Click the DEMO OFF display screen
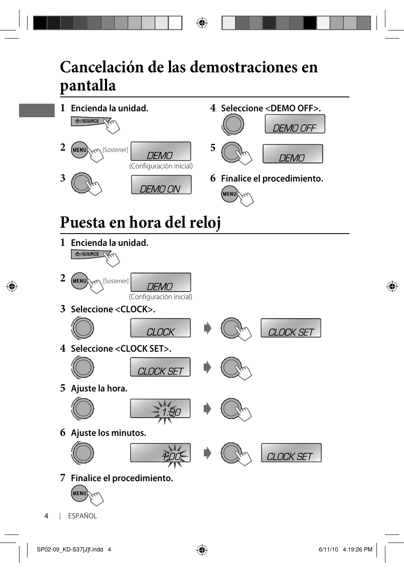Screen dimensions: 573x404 tap(295, 124)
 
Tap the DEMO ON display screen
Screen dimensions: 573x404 tap(161, 185)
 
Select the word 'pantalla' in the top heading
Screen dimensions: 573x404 tap(88, 85)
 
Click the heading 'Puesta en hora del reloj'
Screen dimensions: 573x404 tap(140, 222)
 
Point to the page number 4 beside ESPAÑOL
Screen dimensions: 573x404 tap(46, 516)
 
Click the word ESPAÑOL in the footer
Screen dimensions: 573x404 tap(83, 516)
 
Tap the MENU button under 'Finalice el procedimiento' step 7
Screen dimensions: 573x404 tap(80, 493)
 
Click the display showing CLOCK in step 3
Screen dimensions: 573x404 tap(160, 328)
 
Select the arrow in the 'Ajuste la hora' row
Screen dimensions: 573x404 tap(207, 409)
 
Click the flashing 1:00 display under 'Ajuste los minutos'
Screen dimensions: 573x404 tap(160, 453)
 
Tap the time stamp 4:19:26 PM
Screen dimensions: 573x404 tap(357, 549)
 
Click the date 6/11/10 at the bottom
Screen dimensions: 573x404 tap(328, 549)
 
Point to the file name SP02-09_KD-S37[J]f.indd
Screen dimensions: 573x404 tap(70, 549)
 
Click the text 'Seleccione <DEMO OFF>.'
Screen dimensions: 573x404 tap(271, 108)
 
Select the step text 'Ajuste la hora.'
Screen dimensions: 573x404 tap(99, 388)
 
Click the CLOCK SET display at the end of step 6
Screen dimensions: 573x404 tap(291, 453)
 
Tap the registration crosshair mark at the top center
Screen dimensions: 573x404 tap(202, 23)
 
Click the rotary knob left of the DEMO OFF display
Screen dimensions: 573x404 tap(233, 124)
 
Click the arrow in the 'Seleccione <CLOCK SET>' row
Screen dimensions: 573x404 tap(207, 367)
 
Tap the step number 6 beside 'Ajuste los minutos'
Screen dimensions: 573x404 tap(63, 433)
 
